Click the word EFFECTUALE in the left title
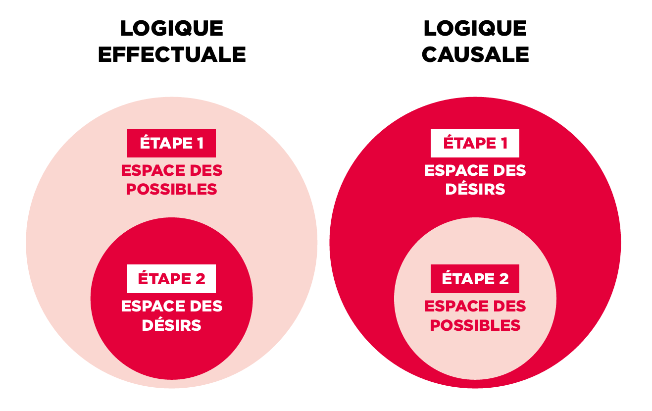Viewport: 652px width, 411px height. [x=172, y=54]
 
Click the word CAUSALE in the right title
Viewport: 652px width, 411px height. [x=475, y=54]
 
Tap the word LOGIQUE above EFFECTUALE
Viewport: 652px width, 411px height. [x=172, y=29]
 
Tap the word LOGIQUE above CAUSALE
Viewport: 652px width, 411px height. [x=475, y=29]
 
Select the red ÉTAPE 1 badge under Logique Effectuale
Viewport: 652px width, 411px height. [x=171, y=143]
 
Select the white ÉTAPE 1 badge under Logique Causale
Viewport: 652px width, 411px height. [x=475, y=143]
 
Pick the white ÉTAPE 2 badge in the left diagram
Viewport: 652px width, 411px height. [x=171, y=279]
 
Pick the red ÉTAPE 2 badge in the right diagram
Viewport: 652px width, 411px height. [x=475, y=279]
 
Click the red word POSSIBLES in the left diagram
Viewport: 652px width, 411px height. [x=171, y=190]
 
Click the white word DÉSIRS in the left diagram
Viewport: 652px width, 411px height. [x=171, y=325]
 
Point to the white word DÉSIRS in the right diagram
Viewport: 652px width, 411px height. [x=475, y=190]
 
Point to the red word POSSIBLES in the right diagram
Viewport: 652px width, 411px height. [x=475, y=325]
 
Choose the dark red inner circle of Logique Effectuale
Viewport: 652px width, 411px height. [x=171, y=352]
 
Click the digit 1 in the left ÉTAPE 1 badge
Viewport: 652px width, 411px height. [x=199, y=143]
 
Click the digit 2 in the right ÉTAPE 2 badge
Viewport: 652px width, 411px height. [x=503, y=279]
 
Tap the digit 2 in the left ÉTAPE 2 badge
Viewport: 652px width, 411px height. [x=200, y=279]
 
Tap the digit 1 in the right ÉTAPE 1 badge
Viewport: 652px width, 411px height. [x=503, y=143]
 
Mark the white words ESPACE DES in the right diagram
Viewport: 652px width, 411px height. [x=475, y=171]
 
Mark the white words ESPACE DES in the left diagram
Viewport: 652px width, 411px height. [x=171, y=307]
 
